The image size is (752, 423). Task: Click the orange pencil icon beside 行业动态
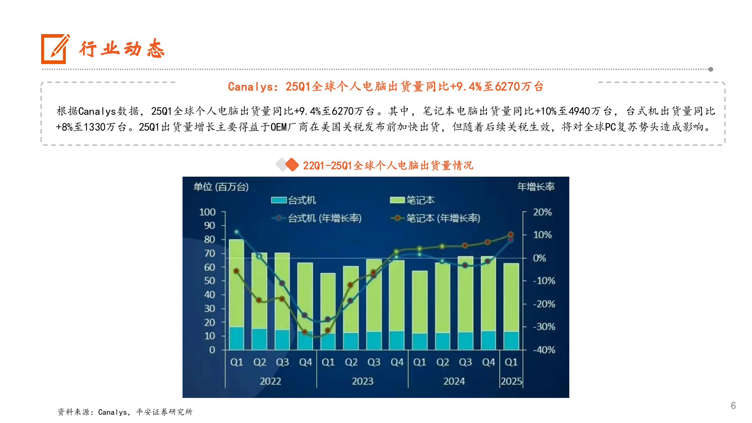pos(55,49)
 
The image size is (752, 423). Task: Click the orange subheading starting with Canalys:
pos(385,87)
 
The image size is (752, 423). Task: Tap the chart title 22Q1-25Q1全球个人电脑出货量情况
pos(388,166)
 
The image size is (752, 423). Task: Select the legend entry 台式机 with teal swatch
pos(294,200)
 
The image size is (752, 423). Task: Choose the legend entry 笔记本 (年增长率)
pos(436,218)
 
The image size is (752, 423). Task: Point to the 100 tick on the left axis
pos(208,212)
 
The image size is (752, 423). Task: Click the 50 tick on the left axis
pos(210,281)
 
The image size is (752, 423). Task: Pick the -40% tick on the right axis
pos(544,350)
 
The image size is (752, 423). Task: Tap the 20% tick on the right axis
pos(542,212)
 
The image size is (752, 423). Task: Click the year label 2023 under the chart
pos(362,381)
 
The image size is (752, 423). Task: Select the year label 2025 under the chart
pos(511,381)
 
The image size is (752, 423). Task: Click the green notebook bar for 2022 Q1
pos(236,282)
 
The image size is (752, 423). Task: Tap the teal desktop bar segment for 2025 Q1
pos(511,340)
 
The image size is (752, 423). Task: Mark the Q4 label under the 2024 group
pos(488,362)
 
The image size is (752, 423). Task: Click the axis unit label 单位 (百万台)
pos(221,187)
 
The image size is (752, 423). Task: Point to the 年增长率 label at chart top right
pos(536,187)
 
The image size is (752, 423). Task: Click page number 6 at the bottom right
pos(733,405)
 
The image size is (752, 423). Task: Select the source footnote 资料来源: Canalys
pos(125,412)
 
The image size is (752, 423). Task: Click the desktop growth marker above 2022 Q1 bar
pos(236,232)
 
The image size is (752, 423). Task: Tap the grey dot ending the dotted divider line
pos(710,69)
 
